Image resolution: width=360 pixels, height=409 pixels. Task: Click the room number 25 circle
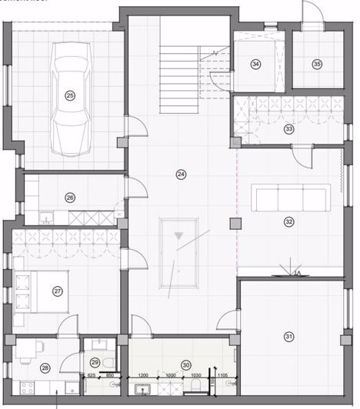click(70, 95)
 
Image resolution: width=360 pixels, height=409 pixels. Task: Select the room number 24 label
click(180, 175)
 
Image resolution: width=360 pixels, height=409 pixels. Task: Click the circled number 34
click(255, 65)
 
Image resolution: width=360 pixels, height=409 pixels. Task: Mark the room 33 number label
click(288, 128)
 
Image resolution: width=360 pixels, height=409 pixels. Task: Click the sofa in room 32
click(292, 198)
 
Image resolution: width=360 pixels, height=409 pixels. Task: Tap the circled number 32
click(288, 222)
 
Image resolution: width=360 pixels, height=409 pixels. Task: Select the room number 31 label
click(289, 336)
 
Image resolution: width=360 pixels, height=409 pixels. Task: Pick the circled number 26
click(70, 198)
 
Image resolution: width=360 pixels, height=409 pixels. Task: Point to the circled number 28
click(45, 368)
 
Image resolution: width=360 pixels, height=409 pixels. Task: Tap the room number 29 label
click(95, 362)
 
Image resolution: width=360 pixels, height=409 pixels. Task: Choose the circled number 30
click(185, 365)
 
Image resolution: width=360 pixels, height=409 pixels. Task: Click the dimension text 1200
click(142, 375)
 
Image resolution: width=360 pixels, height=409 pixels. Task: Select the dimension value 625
click(91, 375)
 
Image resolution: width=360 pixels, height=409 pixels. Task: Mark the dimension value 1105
click(222, 375)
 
